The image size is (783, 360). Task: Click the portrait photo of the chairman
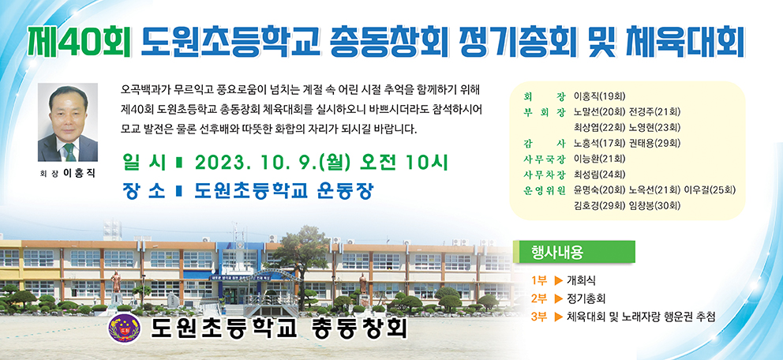[x=67, y=122]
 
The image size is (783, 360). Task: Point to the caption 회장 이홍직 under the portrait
[x=67, y=174]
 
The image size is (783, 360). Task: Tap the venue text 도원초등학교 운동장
[x=283, y=191]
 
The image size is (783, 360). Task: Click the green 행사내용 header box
[x=575, y=252]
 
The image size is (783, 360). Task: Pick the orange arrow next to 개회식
[x=559, y=280]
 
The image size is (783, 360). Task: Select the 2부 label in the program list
[x=539, y=298]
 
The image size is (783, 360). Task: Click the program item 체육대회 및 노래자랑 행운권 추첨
[x=641, y=317]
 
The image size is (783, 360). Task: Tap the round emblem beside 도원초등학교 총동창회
[x=123, y=327]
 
